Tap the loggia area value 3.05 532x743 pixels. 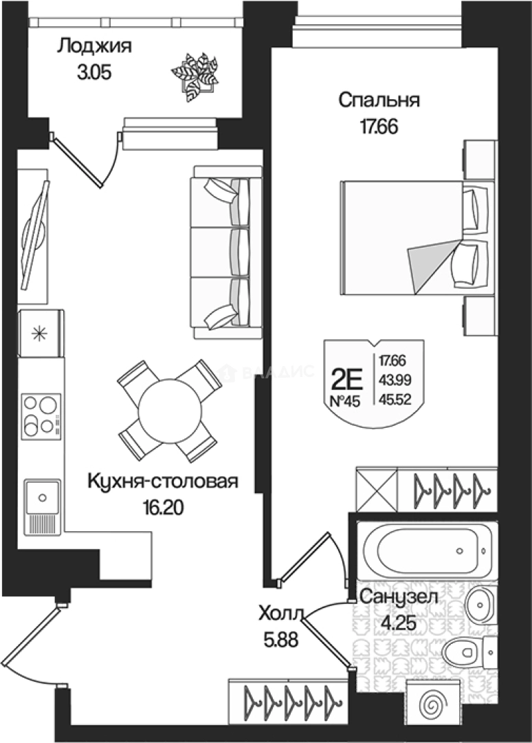coord(94,73)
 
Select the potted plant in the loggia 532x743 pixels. coord(195,77)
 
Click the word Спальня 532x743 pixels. coord(379,101)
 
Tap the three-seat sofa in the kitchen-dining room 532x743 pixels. coord(225,252)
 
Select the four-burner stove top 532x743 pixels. coord(41,416)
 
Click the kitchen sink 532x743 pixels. coord(42,506)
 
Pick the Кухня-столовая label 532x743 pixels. coord(162,482)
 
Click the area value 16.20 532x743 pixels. coord(163,508)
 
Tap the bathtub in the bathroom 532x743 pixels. coord(427,550)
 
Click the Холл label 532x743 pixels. coord(280,614)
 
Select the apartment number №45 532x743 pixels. coord(345,402)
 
